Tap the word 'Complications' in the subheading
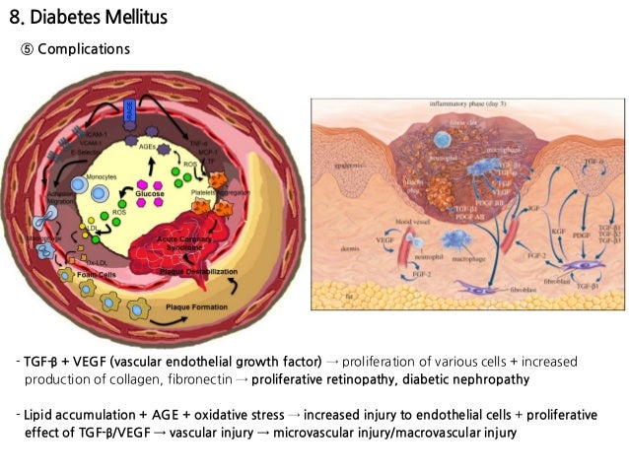84,49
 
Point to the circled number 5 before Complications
28,49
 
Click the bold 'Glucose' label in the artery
151,194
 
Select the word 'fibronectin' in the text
195,379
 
